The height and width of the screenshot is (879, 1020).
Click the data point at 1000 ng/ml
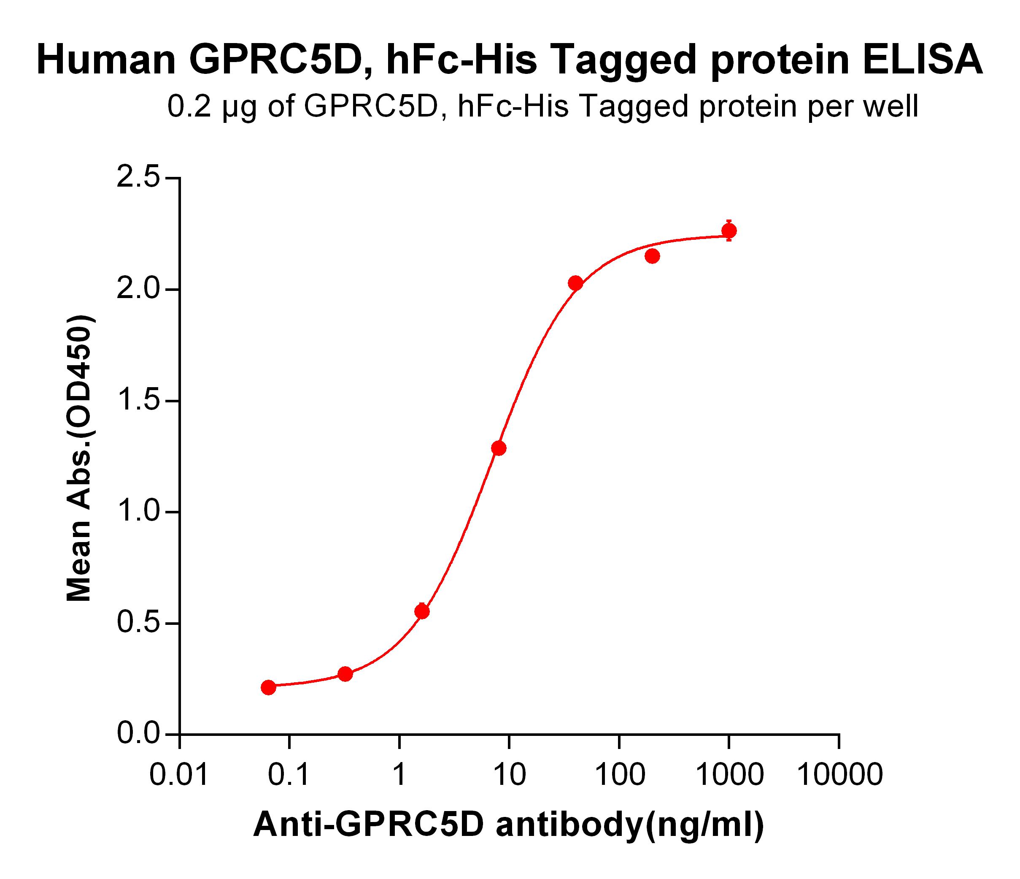pyautogui.click(x=729, y=231)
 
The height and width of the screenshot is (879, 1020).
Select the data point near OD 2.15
pyautogui.click(x=652, y=256)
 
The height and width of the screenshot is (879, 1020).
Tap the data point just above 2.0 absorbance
pyautogui.click(x=575, y=283)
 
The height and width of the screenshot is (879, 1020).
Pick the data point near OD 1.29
pyautogui.click(x=499, y=448)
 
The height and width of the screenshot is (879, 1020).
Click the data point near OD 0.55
pyautogui.click(x=422, y=611)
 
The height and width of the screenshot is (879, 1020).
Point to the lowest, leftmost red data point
pyautogui.click(x=268, y=687)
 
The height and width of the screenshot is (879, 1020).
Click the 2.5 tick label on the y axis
pyautogui.click(x=139, y=178)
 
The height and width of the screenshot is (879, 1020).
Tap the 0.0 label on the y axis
pyautogui.click(x=139, y=734)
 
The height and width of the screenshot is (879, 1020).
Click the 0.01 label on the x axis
pyautogui.click(x=179, y=775)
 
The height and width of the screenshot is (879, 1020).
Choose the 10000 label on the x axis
pyautogui.click(x=839, y=775)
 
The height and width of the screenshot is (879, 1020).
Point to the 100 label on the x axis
pyautogui.click(x=620, y=775)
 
